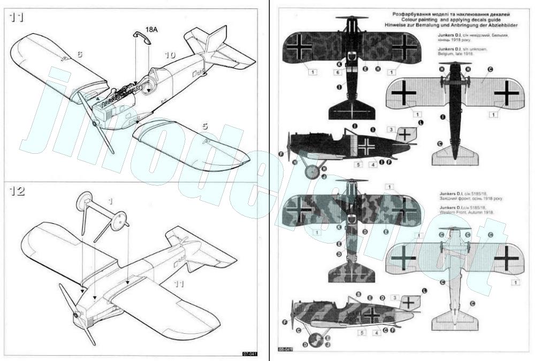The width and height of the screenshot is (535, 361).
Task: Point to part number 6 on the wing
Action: [x=79, y=54]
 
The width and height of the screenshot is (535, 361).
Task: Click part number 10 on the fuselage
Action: [x=170, y=55]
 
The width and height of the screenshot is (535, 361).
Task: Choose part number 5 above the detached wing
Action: [x=204, y=127]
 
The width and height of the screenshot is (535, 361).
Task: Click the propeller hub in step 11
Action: [x=95, y=123]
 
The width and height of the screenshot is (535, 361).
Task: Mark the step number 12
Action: [x=17, y=191]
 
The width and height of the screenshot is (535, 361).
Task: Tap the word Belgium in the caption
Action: [x=450, y=54]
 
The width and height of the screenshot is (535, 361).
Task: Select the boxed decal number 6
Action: [x=339, y=72]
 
